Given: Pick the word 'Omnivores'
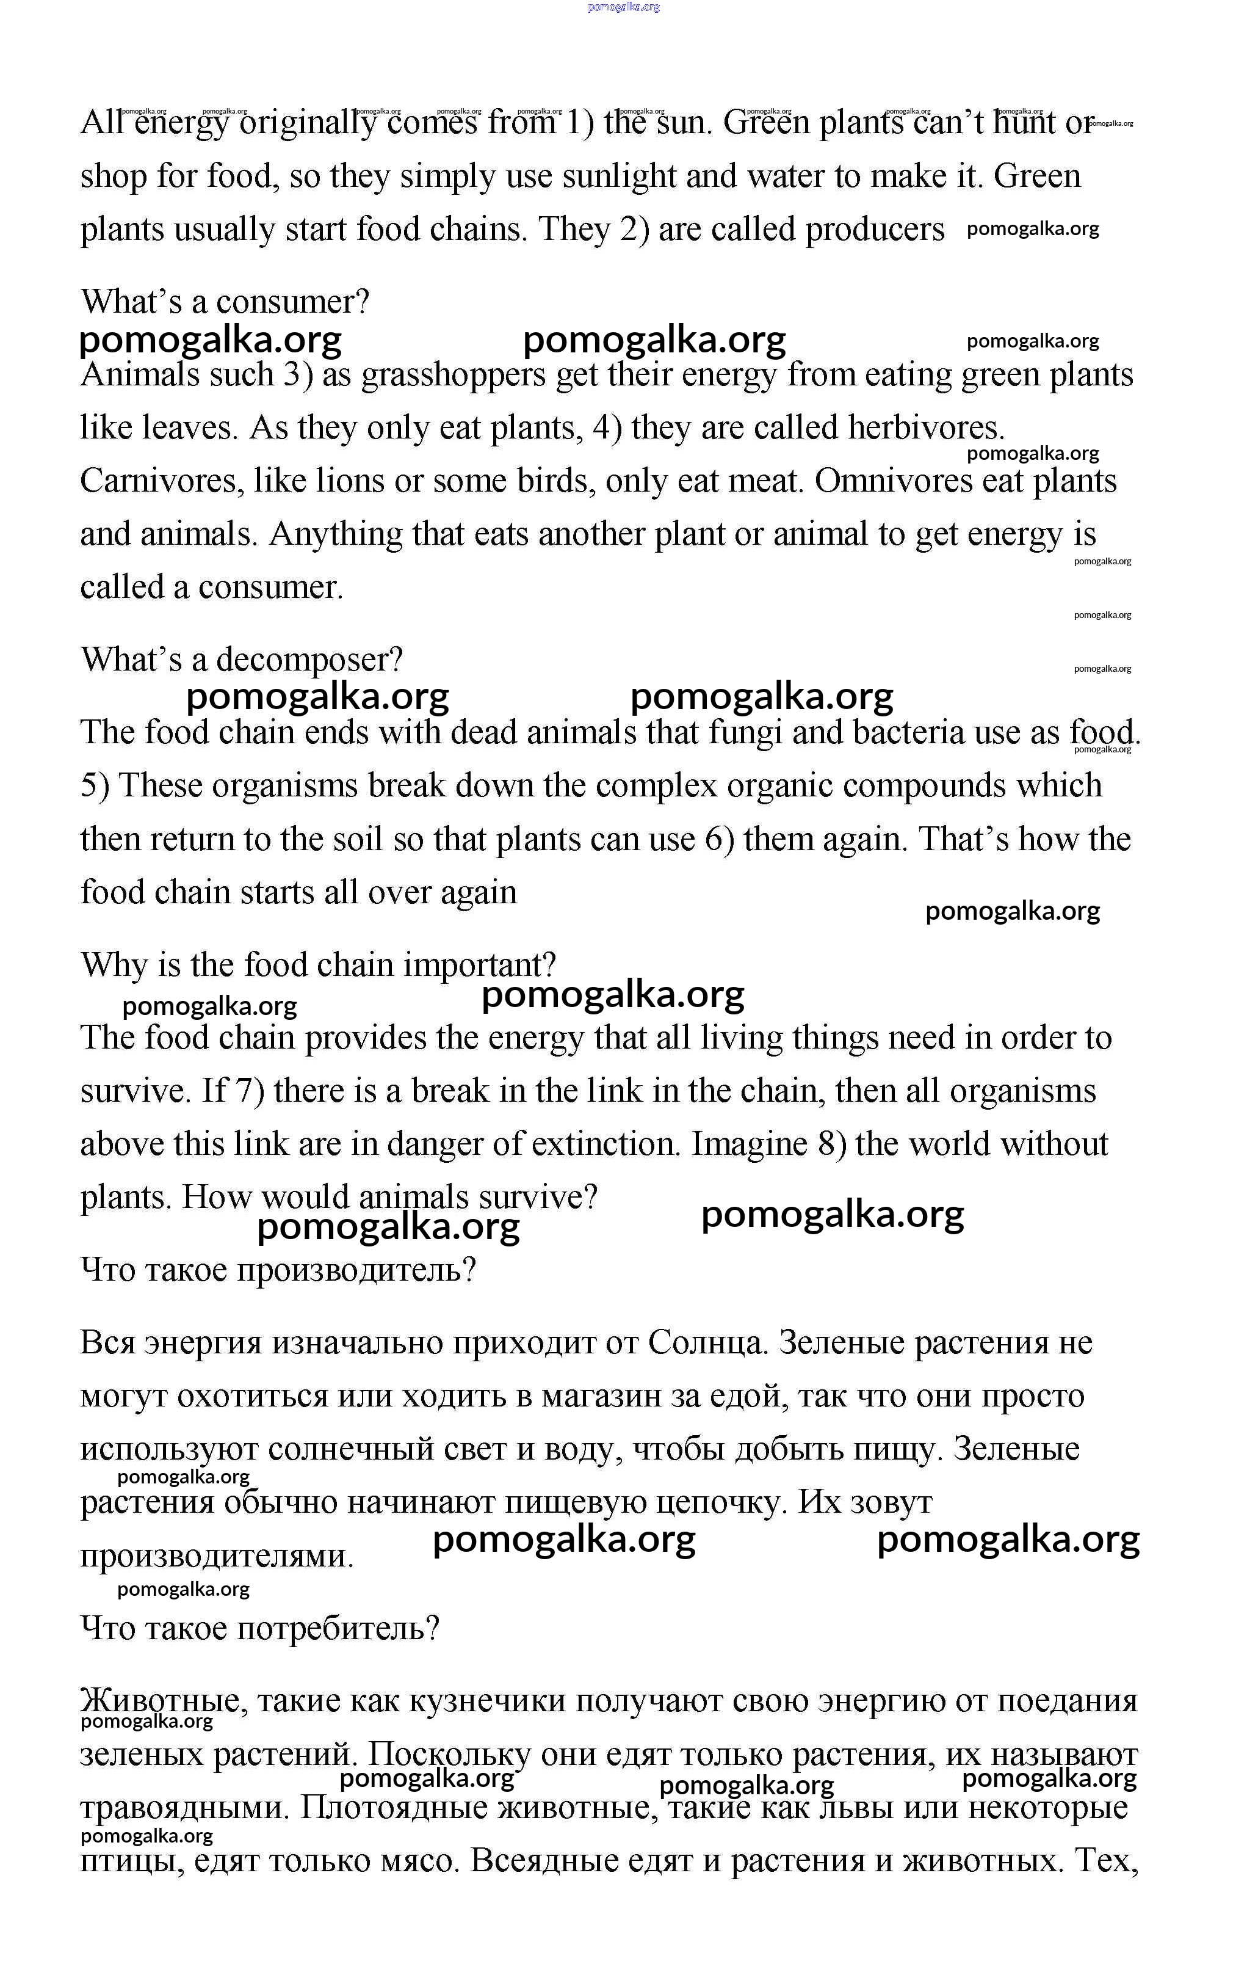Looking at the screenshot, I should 893,481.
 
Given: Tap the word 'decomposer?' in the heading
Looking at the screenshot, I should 309,660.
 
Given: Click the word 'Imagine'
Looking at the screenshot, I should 749,1144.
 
